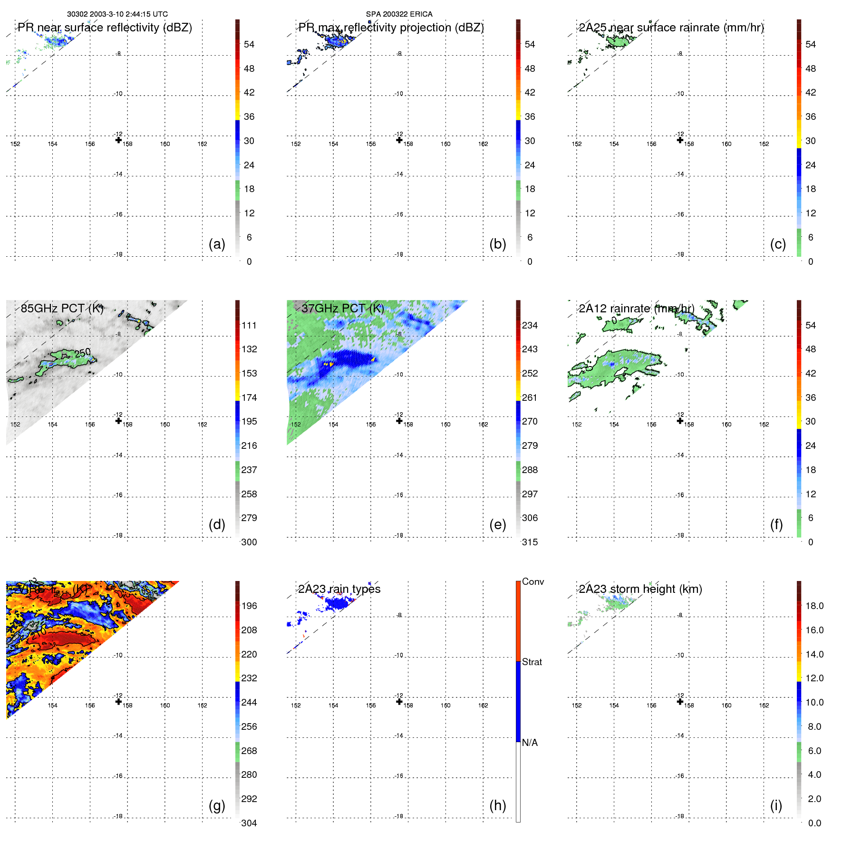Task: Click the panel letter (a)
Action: point(217,244)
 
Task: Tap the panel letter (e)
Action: point(497,525)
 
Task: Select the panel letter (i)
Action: point(776,805)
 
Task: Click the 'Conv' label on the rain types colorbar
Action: point(533,581)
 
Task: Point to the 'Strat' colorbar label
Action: point(532,662)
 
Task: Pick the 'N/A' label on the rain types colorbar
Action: point(530,743)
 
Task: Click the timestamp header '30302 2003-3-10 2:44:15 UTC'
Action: point(117,14)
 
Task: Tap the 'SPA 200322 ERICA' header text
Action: point(399,14)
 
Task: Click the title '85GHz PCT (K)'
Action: point(62,308)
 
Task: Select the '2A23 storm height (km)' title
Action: point(640,589)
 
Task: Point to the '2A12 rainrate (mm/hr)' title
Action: point(637,309)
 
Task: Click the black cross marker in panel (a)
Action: point(118,140)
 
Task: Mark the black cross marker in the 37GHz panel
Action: point(399,421)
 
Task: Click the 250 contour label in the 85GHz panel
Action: point(83,353)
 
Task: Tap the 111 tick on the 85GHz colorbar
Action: point(249,325)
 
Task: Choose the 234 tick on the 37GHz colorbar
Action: point(530,325)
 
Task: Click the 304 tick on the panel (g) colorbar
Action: point(249,823)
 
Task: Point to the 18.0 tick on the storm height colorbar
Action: point(814,606)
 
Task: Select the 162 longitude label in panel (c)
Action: point(764,144)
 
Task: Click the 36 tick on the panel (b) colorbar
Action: point(530,116)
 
